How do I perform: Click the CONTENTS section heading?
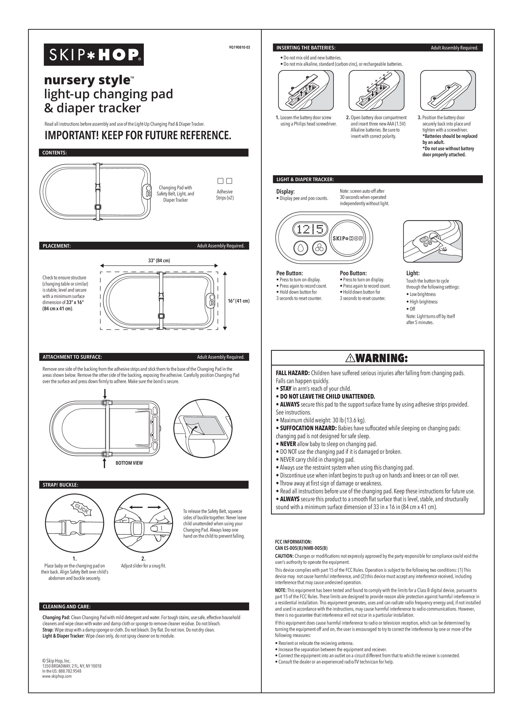pyautogui.click(x=54, y=153)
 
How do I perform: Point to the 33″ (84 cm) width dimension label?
pyautogui.click(x=159, y=261)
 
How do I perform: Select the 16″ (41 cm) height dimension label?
pyautogui.click(x=239, y=301)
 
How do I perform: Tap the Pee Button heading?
pyautogui.click(x=289, y=273)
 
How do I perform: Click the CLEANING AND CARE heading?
pyautogui.click(x=66, y=607)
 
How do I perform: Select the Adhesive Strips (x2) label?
pyautogui.click(x=225, y=195)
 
